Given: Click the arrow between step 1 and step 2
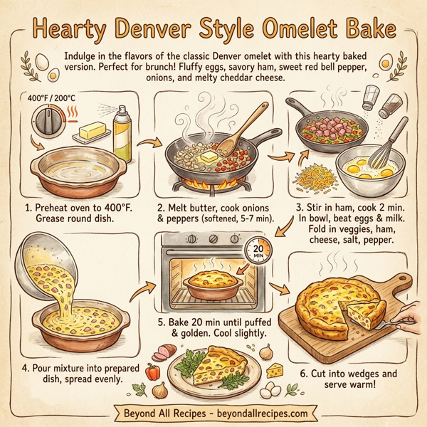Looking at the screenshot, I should [145, 144].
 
